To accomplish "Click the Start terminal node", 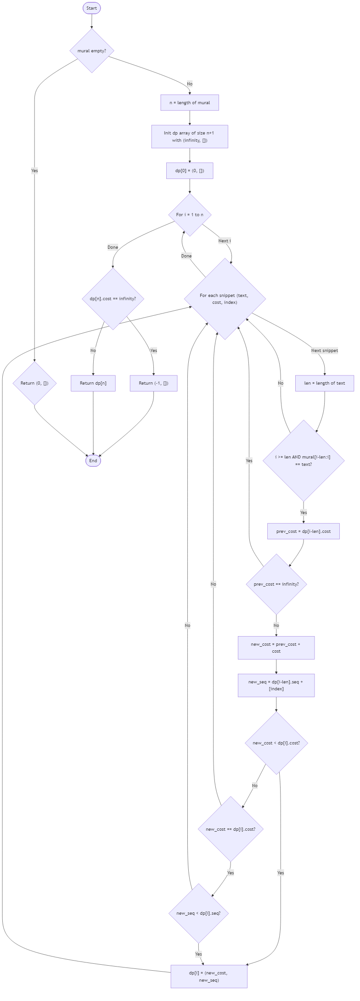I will pyautogui.click(x=91, y=8).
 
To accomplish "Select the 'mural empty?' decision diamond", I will pyautogui.click(x=92, y=50).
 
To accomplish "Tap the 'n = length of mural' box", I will pyautogui.click(x=190, y=103).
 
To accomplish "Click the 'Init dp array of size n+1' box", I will pyautogui.click(x=190, y=137).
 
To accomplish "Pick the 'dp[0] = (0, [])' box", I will pyautogui.click(x=190, y=171).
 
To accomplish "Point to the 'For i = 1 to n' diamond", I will pyautogui.click(x=190, y=214).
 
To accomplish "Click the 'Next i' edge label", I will pyautogui.click(x=224, y=240).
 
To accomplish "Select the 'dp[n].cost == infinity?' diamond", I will pyautogui.click(x=112, y=298).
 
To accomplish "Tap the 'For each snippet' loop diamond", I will pyautogui.click(x=225, y=299).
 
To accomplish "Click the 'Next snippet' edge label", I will pyautogui.click(x=324, y=351).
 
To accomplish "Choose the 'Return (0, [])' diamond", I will pyautogui.click(x=34, y=383).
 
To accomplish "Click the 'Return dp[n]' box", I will pyautogui.click(x=93, y=383).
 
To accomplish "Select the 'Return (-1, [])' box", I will pyautogui.click(x=153, y=383).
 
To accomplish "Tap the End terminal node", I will pyautogui.click(x=93, y=461).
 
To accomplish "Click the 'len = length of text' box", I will pyautogui.click(x=324, y=383).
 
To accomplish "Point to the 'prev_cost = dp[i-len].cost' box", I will pyautogui.click(x=303, y=531).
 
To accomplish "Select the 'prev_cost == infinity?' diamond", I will pyautogui.click(x=276, y=584).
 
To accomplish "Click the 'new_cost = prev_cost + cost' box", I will pyautogui.click(x=276, y=648).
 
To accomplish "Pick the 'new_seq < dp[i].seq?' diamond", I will pyautogui.click(x=198, y=913).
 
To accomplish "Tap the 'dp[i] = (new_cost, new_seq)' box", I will pyautogui.click(x=209, y=976).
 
